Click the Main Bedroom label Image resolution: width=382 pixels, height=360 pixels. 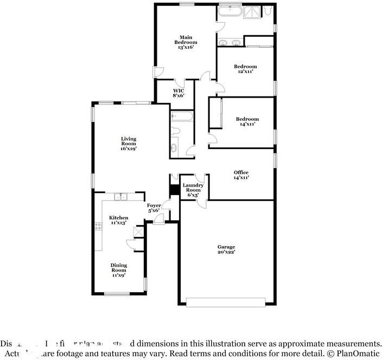[x=186, y=42]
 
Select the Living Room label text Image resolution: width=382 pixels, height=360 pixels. [x=128, y=144]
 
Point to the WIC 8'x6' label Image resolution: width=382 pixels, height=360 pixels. [x=179, y=93]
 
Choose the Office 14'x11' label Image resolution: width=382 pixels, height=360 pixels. [x=241, y=175]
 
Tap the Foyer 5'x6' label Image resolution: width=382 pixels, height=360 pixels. [x=154, y=208]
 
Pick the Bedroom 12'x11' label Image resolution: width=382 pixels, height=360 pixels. [x=246, y=69]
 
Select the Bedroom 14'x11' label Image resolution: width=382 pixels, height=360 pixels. [x=247, y=121]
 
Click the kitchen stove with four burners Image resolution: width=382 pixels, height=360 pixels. [x=99, y=227]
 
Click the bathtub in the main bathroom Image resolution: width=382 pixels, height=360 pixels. [x=233, y=10]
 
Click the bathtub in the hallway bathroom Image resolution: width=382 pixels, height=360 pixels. [x=181, y=115]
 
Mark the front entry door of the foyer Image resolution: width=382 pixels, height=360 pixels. [x=158, y=218]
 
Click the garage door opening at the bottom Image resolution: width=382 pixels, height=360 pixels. [x=226, y=301]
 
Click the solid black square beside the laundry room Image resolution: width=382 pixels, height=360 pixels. [x=174, y=190]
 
